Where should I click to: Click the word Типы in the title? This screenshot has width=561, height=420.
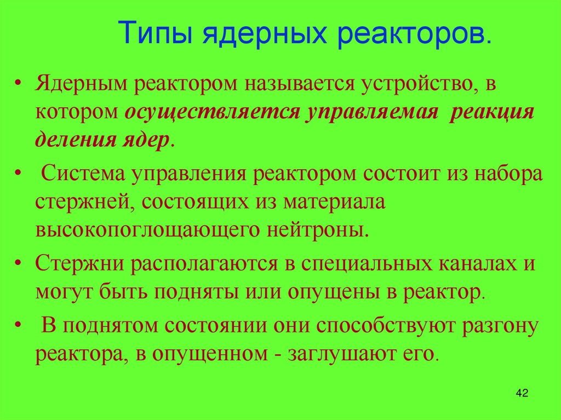[155, 33]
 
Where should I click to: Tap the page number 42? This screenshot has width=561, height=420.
[522, 394]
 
